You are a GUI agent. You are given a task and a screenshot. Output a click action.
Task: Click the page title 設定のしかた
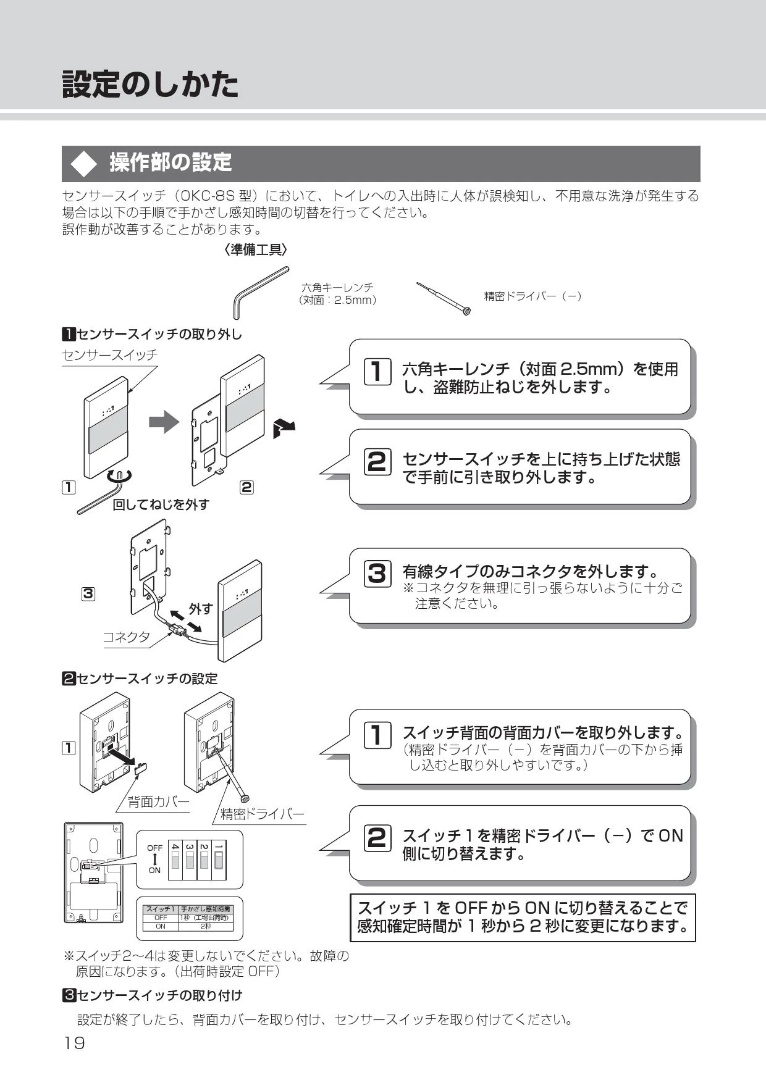(x=150, y=84)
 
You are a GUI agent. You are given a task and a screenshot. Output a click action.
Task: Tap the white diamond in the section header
(x=83, y=164)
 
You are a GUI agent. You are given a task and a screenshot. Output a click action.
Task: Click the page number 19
(x=74, y=1043)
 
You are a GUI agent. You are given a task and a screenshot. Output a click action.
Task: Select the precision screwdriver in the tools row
(x=443, y=299)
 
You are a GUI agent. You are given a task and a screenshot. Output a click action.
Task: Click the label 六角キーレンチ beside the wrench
(x=337, y=288)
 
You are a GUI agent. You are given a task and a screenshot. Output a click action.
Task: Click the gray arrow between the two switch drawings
(x=163, y=422)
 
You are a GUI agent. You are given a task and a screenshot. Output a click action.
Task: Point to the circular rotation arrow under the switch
(x=119, y=476)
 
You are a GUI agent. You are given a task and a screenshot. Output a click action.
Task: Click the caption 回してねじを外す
(x=161, y=504)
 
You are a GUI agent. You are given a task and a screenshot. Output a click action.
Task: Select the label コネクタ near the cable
(x=127, y=637)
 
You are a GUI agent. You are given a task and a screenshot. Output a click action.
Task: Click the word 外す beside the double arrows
(x=201, y=609)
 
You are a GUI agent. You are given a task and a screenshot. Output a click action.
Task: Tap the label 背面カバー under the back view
(x=158, y=801)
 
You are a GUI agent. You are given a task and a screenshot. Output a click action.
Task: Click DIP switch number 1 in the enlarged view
(x=219, y=859)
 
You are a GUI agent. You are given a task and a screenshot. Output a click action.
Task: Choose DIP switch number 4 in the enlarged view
(x=175, y=859)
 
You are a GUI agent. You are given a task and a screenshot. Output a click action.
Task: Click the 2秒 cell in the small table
(x=205, y=926)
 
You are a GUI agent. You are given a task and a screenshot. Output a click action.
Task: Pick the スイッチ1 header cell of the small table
(x=161, y=909)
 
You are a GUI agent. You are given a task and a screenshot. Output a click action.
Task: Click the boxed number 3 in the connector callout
(x=377, y=574)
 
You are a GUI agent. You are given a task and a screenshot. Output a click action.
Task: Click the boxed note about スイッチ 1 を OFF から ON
(x=523, y=917)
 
